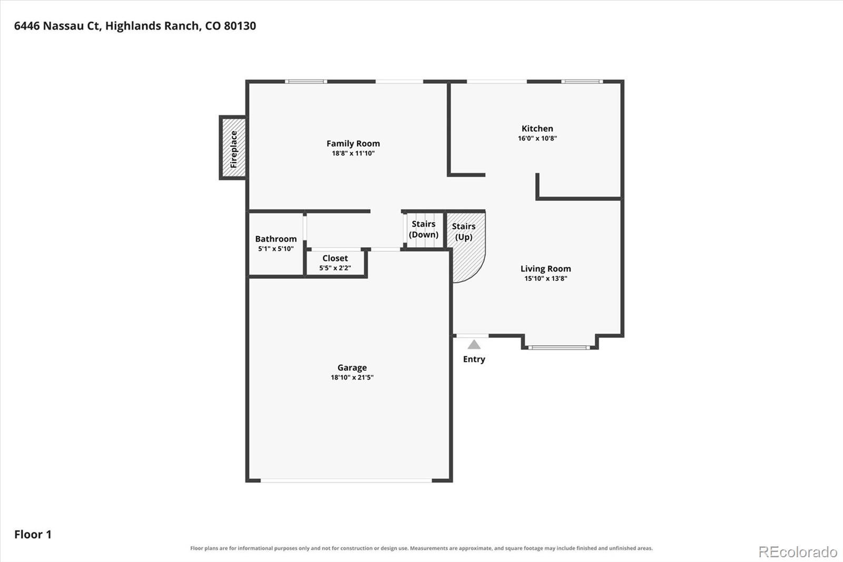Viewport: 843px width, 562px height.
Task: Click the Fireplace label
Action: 234,149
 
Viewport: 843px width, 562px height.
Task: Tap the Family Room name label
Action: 353,143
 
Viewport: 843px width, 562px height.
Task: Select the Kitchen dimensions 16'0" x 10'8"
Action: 537,138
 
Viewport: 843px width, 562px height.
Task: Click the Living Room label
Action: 545,268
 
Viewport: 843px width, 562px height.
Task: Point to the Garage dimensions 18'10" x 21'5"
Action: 352,377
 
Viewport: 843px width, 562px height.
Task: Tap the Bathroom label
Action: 276,239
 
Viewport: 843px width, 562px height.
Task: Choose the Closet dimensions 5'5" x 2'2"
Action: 335,268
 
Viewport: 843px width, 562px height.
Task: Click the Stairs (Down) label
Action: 424,229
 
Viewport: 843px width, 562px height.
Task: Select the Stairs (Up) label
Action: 464,231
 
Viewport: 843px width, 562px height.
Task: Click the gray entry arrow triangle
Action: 474,345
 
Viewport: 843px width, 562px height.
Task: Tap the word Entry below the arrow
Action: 474,360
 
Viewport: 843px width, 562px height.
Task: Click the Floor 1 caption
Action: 33,535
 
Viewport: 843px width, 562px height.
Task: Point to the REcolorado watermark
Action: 798,552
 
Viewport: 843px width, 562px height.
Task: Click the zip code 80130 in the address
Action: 240,26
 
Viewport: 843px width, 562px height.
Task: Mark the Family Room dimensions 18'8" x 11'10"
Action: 353,153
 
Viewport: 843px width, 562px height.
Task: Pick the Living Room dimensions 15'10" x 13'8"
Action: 545,278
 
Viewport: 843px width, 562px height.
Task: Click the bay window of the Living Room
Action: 559,347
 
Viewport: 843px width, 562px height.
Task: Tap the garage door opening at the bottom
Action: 346,481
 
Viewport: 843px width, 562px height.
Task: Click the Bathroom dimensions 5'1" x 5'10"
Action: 276,249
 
